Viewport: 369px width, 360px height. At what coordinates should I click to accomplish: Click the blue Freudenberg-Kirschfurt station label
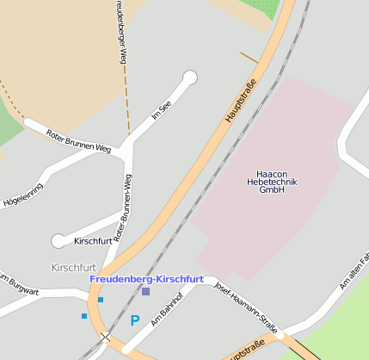(x=146, y=279)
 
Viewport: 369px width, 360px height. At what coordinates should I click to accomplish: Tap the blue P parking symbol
(x=134, y=320)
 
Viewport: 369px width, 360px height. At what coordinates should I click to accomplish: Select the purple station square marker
(x=145, y=292)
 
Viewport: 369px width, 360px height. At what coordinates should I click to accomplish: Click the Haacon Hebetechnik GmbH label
(x=272, y=182)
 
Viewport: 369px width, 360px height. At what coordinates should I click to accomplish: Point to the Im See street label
(x=161, y=109)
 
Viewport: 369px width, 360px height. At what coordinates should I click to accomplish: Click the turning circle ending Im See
(x=190, y=78)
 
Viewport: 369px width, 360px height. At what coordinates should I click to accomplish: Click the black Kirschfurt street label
(x=93, y=241)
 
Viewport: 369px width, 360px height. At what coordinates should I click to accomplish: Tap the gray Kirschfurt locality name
(x=73, y=268)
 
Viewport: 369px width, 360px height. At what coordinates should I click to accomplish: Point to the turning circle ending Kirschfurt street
(x=58, y=241)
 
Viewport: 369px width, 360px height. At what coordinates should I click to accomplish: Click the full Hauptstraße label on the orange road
(x=242, y=105)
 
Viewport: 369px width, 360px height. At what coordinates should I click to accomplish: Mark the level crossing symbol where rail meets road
(x=105, y=337)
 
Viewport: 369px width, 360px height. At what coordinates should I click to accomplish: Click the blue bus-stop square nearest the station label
(x=101, y=300)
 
